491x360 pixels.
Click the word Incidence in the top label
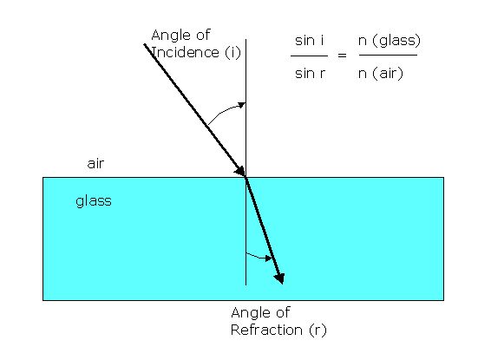click(185, 52)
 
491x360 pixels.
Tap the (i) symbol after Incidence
click(233, 53)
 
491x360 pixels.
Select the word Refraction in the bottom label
click(266, 330)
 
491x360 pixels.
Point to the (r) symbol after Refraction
click(318, 331)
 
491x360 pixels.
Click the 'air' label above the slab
click(95, 163)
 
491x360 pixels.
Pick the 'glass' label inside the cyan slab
click(94, 201)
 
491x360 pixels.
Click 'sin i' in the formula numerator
click(309, 41)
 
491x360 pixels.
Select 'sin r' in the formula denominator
click(310, 74)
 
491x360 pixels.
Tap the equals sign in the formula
click(342, 56)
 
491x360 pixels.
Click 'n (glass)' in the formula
click(390, 41)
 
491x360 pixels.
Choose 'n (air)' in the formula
click(381, 74)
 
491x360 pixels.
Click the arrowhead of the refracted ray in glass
click(279, 278)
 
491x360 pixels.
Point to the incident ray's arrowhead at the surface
click(241, 171)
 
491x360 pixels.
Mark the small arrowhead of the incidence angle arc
click(241, 105)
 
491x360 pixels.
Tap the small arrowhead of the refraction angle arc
click(268, 259)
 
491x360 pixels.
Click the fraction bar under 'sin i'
click(309, 56)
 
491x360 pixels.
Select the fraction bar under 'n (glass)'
click(388, 56)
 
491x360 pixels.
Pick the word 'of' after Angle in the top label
click(203, 35)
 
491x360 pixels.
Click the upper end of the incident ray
click(145, 45)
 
